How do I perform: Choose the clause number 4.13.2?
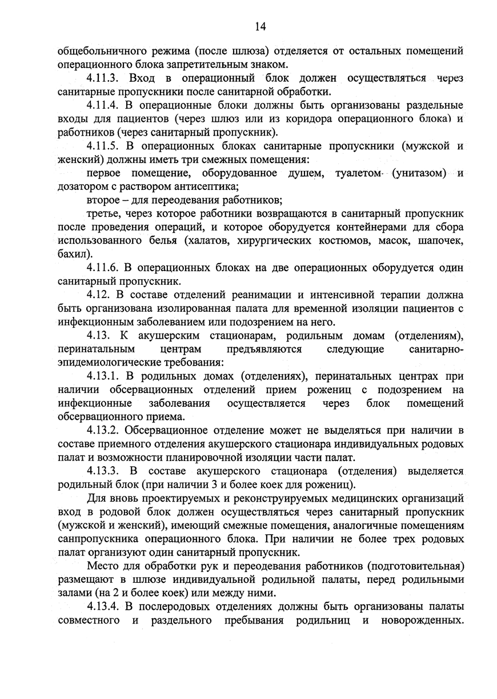click(103, 430)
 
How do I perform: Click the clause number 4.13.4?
click(103, 606)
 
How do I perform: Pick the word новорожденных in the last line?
click(420, 620)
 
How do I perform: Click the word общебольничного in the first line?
click(98, 51)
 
